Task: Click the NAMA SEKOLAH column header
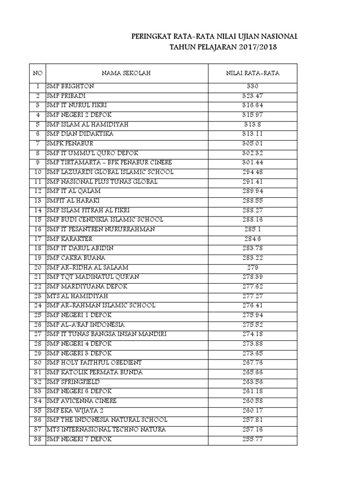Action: click(x=127, y=73)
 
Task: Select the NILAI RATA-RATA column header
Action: click(x=253, y=73)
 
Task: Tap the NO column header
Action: click(x=37, y=73)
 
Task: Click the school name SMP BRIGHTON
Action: click(x=70, y=86)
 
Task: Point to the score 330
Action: click(x=253, y=86)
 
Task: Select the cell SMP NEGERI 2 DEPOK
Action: click(x=79, y=115)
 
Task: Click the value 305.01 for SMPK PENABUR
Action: click(x=253, y=143)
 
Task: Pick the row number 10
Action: click(x=38, y=172)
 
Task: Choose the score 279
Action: click(x=253, y=267)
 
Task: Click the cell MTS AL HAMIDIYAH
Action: click(x=77, y=296)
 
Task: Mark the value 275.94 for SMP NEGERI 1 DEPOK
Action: click(x=253, y=315)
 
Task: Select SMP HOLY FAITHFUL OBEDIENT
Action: click(x=94, y=363)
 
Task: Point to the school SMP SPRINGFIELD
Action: click(x=73, y=382)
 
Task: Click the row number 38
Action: click(x=38, y=439)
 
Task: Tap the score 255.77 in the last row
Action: click(x=253, y=439)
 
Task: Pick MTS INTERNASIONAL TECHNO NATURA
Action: click(x=106, y=429)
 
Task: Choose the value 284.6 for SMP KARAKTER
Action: click(x=253, y=239)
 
